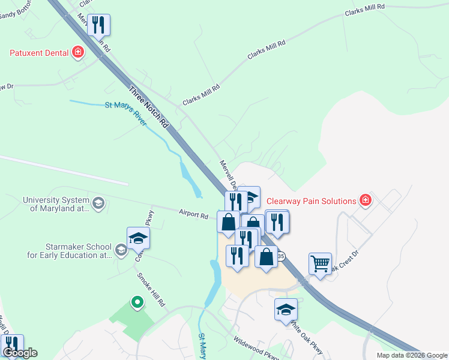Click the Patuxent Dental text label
38,53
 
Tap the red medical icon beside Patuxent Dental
78,53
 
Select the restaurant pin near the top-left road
98,26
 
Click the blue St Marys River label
126,113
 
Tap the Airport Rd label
193,212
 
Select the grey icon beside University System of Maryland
98,205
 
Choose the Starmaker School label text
79,251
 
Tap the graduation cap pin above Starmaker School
138,238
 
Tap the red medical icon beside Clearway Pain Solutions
364,200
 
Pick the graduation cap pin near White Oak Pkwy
286,310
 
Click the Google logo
19,353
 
